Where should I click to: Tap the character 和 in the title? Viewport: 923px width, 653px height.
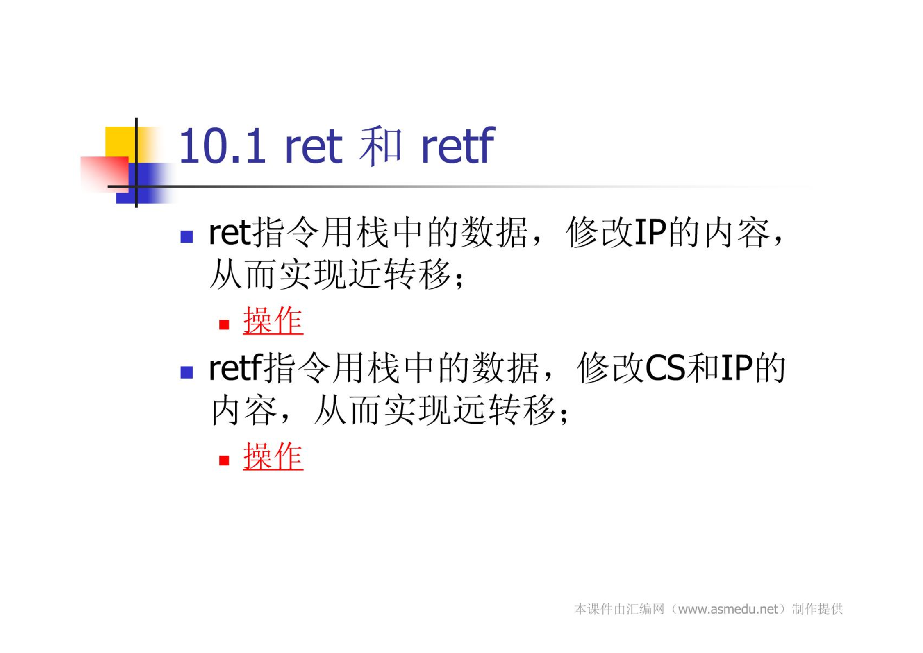tap(380, 146)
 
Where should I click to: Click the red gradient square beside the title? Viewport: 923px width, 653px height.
tap(105, 174)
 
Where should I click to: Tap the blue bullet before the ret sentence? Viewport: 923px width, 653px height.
tap(186, 237)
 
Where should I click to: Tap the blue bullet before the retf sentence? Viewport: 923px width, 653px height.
tap(186, 372)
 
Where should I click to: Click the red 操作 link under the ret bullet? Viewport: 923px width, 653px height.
tap(273, 321)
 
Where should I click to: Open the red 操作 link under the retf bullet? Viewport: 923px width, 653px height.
tap(273, 456)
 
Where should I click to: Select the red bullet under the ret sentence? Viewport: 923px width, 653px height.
tap(224, 325)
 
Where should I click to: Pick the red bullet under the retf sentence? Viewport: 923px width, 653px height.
tap(224, 460)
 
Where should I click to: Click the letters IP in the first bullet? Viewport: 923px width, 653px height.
tap(650, 233)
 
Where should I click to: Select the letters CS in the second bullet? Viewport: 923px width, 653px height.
tap(665, 368)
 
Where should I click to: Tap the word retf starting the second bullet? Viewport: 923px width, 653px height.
tap(235, 368)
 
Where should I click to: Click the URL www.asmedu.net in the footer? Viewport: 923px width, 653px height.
tap(728, 609)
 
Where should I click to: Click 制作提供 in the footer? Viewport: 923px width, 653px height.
tap(817, 609)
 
